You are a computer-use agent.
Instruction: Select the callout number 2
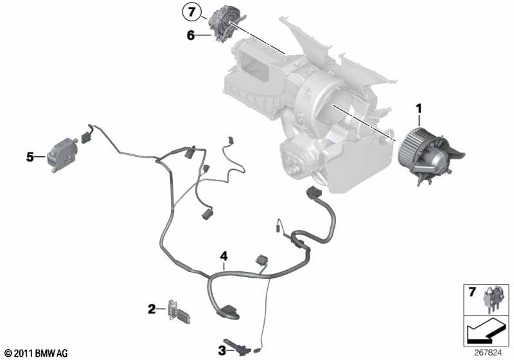click(x=152, y=309)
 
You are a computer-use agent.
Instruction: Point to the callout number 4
click(x=224, y=256)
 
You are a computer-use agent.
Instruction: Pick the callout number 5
click(x=30, y=156)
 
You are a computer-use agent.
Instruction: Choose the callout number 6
click(x=191, y=36)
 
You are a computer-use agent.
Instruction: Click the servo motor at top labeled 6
click(x=224, y=24)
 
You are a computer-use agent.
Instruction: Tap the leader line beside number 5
click(x=40, y=156)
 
